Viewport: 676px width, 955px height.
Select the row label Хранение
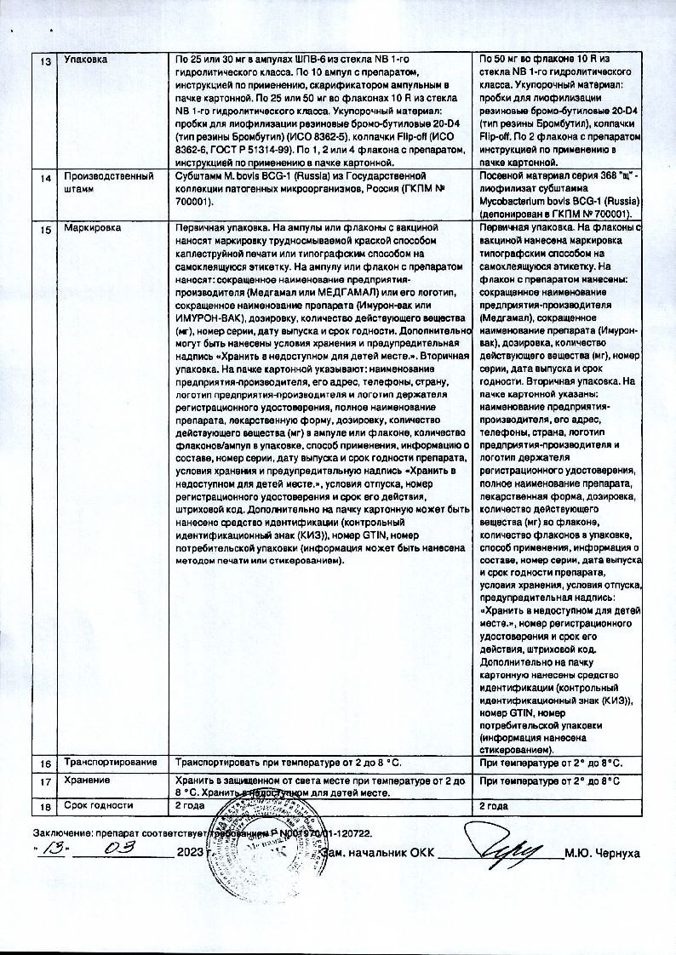tap(88, 781)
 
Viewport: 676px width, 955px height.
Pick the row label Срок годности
tap(100, 804)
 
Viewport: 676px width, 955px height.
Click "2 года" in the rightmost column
tap(494, 804)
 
